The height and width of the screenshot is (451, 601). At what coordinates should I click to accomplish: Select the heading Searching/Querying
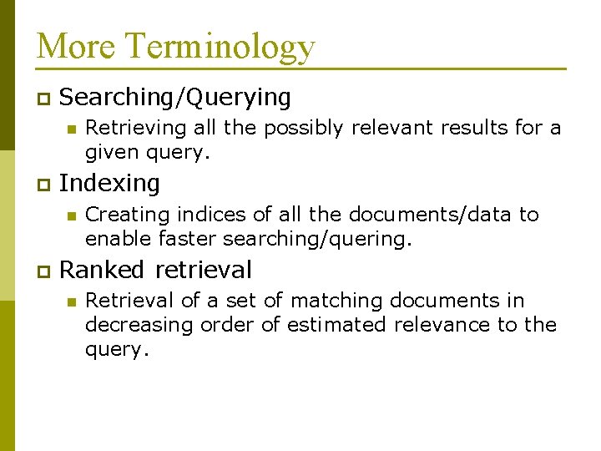(175, 98)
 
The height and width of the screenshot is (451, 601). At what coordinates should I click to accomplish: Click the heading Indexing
(109, 183)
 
